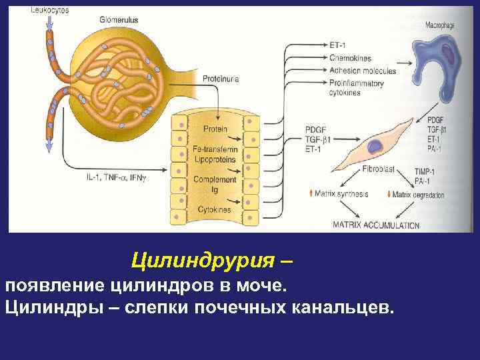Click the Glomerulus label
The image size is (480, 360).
pos(120,20)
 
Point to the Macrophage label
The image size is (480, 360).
pos(441,25)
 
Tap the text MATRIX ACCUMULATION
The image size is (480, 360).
pos(376,225)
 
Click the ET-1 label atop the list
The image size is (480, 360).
pos(338,44)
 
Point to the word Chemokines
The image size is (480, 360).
pos(351,58)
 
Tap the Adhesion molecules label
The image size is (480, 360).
pos(363,71)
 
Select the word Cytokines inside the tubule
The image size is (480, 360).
pos(214,209)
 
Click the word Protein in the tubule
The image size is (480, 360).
pos(215,129)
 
